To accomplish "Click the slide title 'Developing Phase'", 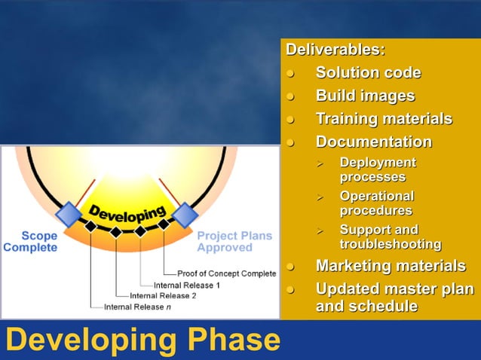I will tap(142, 340).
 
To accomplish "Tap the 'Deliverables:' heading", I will tap(334, 50).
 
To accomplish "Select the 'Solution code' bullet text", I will tap(368, 73).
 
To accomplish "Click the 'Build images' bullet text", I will tap(365, 96).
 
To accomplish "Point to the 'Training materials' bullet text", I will tap(384, 119).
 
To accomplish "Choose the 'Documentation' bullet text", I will tap(373, 142).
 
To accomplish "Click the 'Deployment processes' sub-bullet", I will tap(377, 169).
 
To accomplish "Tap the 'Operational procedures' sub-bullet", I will tap(376, 203).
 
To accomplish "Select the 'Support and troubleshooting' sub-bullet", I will tap(390, 236).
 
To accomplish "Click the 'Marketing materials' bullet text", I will tap(390, 266).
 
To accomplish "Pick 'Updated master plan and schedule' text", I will tap(394, 297).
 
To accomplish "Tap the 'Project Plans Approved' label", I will tap(234, 241).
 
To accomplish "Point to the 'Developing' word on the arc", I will tap(127, 214).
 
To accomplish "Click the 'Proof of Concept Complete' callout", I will tap(226, 273).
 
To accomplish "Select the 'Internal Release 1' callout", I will tap(186, 285).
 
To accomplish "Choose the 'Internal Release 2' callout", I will tap(162, 295).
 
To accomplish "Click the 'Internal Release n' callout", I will tap(137, 307).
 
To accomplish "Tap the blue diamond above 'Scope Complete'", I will tap(69, 215).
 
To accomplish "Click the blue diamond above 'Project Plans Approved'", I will tap(184, 215).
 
